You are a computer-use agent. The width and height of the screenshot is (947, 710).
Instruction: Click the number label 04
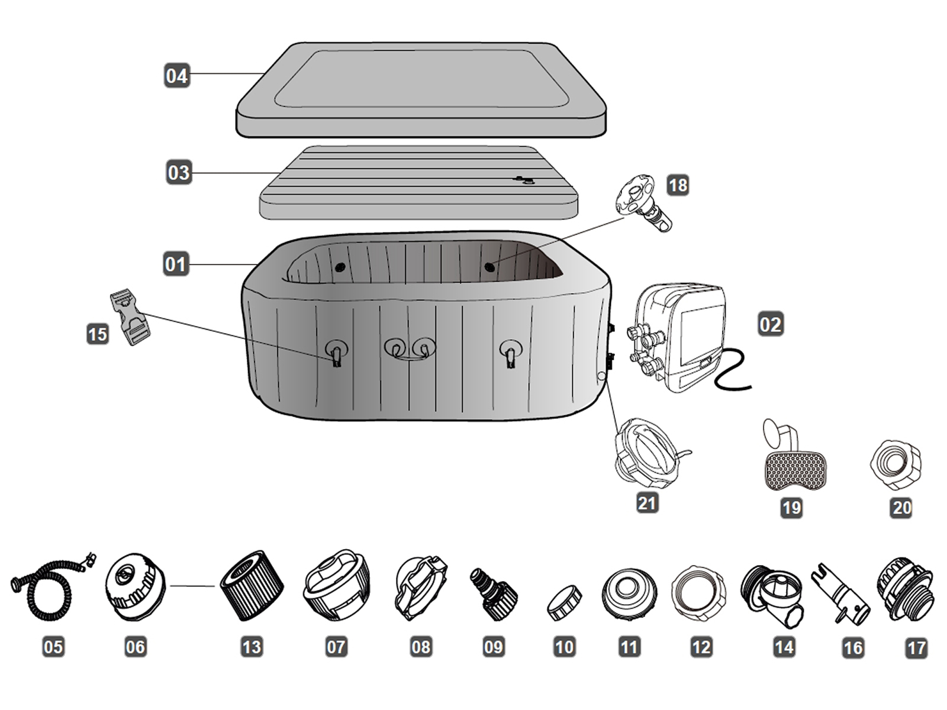(x=176, y=76)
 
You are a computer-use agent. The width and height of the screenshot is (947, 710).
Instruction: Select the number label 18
(x=677, y=185)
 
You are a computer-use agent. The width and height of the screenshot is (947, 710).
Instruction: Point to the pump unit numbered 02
(x=681, y=337)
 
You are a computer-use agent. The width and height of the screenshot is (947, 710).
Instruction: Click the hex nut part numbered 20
(x=896, y=464)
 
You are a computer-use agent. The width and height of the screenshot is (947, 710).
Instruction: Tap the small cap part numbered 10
(x=564, y=602)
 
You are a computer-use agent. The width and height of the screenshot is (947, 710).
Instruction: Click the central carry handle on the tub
(x=410, y=353)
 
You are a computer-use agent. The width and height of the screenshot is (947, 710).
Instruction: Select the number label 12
(x=701, y=647)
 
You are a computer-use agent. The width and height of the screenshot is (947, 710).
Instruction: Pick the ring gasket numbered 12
(x=700, y=592)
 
